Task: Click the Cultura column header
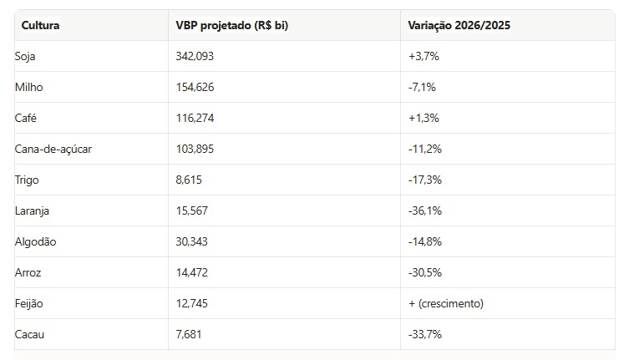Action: tap(40, 25)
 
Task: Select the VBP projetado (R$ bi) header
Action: tap(231, 25)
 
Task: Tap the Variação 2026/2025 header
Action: tap(459, 25)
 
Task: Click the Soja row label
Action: tap(27, 56)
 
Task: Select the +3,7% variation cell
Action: tap(424, 56)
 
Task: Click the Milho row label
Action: tap(29, 87)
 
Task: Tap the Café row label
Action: tap(27, 118)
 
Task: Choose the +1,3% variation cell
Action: tap(424, 118)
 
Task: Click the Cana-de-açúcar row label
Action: tap(53, 149)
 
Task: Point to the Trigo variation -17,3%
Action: tap(424, 180)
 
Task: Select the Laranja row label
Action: tap(33, 210)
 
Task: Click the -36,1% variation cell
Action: tap(424, 210)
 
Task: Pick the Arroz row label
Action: tap(28, 272)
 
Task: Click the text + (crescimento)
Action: tap(446, 303)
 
